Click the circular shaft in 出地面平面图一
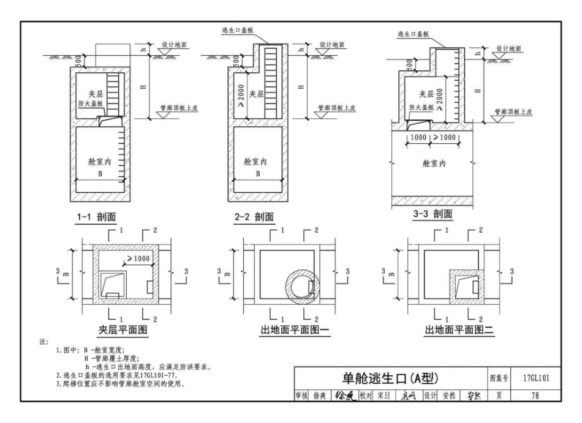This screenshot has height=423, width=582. pyautogui.click(x=301, y=285)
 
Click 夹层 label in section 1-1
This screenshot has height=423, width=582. pyautogui.click(x=97, y=94)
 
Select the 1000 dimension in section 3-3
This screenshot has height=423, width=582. pyautogui.click(x=419, y=137)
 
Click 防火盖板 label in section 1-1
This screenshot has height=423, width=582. pyautogui.click(x=97, y=104)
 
